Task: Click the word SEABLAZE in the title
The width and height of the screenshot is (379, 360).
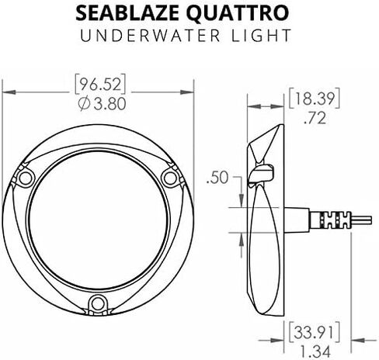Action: pyautogui.click(x=127, y=13)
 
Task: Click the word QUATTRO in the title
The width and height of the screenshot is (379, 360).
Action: pyautogui.click(x=238, y=14)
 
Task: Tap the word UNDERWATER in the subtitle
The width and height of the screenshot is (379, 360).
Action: pyautogui.click(x=150, y=36)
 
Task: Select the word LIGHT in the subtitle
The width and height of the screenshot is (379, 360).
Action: pyautogui.click(x=262, y=36)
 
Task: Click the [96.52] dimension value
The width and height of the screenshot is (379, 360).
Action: pyautogui.click(x=100, y=85)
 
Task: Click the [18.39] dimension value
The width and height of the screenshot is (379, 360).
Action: pyautogui.click(x=314, y=99)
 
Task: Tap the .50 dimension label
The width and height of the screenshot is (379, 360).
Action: pyautogui.click(x=217, y=178)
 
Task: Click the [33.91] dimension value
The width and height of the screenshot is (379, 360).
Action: pyautogui.click(x=314, y=332)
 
